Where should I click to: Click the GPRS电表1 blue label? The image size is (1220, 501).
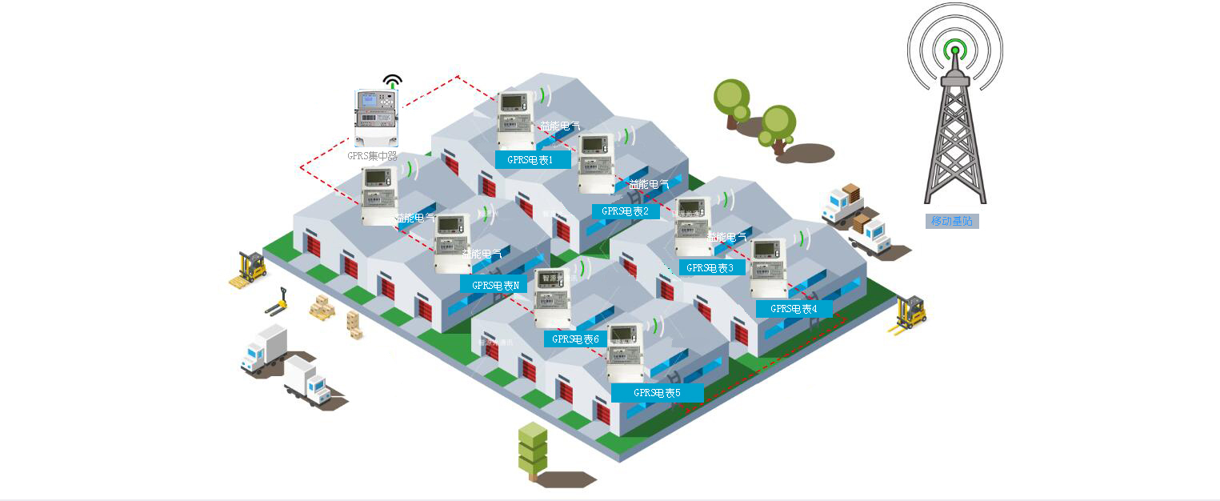pos(533,159)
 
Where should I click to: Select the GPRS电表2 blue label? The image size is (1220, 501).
pos(626,211)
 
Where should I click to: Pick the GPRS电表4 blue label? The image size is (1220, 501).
pos(794,308)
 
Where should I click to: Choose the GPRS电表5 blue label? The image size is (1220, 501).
pos(657,393)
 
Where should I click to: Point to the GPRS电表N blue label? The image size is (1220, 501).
pos(494,284)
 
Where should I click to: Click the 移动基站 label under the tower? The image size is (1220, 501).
pos(952,221)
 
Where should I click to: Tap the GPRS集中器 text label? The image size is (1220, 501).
pos(373,156)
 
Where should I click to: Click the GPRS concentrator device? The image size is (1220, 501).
pos(375,118)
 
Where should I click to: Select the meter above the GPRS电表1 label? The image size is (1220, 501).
pos(515,120)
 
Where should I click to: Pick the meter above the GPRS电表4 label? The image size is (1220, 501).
pos(768,268)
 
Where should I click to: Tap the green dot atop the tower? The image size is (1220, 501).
pos(954,50)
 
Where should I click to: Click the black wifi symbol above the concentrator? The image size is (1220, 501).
pos(392,81)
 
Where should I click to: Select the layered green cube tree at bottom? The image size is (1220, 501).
pos(533,451)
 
